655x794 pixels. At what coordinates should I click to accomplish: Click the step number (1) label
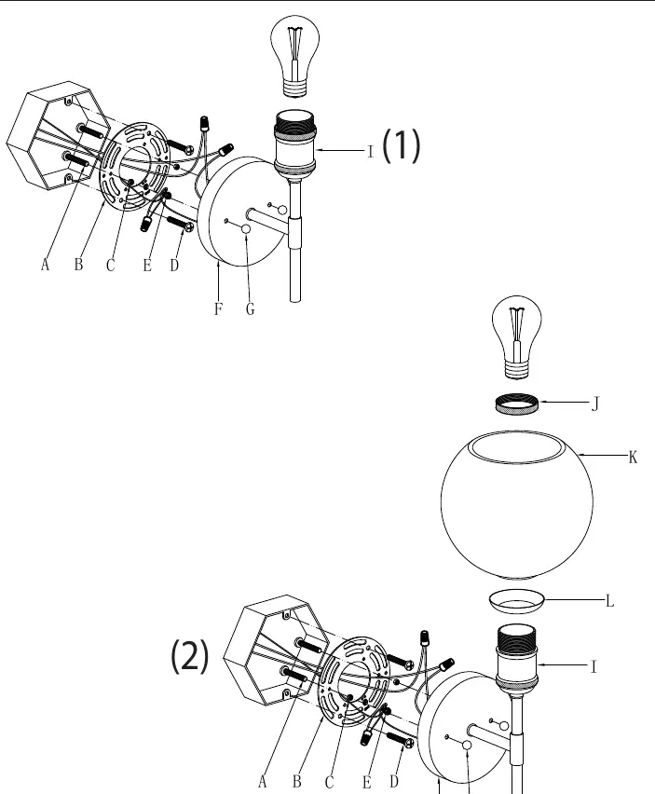click(401, 145)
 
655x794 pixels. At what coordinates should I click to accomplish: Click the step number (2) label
click(190, 656)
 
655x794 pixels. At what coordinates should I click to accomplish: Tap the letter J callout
click(595, 404)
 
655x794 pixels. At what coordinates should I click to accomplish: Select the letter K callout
click(633, 458)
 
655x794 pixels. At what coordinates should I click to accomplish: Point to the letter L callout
click(610, 601)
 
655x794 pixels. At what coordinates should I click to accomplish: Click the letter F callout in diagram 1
click(218, 308)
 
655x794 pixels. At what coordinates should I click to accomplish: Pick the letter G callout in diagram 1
click(250, 308)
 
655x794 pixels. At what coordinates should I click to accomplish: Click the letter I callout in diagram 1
click(371, 151)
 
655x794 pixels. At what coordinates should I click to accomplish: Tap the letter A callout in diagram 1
click(45, 265)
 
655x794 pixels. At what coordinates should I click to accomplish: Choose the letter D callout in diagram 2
click(394, 781)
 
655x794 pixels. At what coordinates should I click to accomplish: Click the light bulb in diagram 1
click(295, 57)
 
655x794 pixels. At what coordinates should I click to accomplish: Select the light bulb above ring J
click(517, 337)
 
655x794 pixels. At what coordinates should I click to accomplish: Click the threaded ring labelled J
click(517, 404)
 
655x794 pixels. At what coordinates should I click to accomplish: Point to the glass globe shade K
click(517, 505)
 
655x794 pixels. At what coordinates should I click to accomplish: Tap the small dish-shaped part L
click(517, 601)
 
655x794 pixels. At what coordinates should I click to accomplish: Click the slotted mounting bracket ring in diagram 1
click(135, 166)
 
